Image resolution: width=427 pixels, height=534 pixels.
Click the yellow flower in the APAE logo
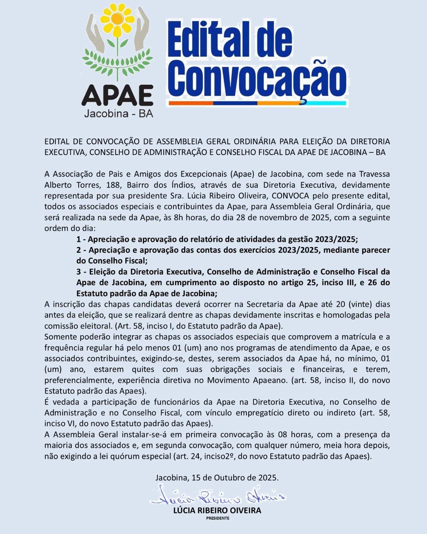pos(117,21)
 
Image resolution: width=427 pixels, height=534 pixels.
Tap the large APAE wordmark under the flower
pos(117,95)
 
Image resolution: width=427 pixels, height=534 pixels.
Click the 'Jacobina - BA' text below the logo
pos(118,114)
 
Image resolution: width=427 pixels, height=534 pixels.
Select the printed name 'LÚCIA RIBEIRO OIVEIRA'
pos(217,510)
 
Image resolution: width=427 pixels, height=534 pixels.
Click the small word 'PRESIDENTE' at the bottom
pos(218,518)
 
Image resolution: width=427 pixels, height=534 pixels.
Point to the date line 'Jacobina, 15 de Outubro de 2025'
pos(217,478)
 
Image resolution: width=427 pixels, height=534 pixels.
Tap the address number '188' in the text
pos(113,185)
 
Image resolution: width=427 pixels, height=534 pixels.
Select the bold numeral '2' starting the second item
pos(79,250)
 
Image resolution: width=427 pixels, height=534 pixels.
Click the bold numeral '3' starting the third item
pos(79,272)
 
